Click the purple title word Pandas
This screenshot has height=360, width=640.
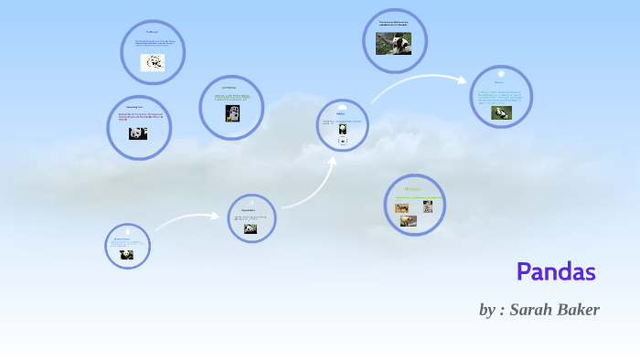556,271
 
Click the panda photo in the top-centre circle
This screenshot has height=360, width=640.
393,43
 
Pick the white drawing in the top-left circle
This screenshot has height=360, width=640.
153,62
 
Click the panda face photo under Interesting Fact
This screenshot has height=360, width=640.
138,133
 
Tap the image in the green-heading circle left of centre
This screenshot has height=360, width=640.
232,112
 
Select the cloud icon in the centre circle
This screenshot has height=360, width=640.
342,108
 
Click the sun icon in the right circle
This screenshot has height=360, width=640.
500,73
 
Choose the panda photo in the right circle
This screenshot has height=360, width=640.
501,112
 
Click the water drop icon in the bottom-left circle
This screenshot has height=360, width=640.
127,231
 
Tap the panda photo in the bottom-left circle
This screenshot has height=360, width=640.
126,255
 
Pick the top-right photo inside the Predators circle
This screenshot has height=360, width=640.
427,206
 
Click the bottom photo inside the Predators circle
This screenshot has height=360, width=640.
407,220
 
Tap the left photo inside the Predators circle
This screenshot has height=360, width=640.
402,208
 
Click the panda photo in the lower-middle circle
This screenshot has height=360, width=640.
250,229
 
